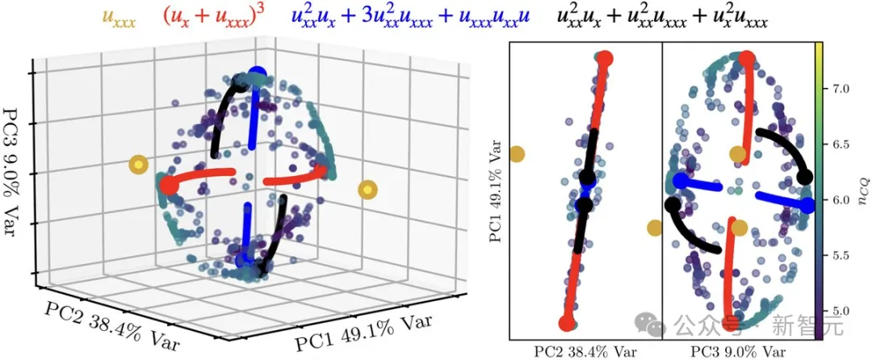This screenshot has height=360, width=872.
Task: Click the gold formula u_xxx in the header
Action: click(119, 16)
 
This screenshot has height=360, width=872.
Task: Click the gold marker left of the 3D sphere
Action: click(140, 165)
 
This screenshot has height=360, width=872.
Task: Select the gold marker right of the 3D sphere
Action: click(367, 190)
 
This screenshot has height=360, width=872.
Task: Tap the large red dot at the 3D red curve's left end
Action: click(169, 186)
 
